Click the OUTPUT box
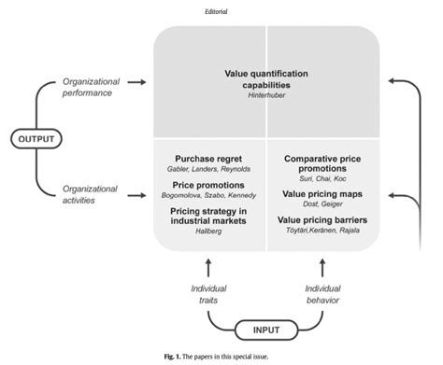pos(36,139)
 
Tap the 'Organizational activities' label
pos(90,194)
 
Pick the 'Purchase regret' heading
pos(208,159)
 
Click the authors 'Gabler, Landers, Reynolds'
pos(208,171)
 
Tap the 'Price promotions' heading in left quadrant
pos(208,187)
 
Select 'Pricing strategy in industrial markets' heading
pos(208,218)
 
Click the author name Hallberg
pos(208,237)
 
